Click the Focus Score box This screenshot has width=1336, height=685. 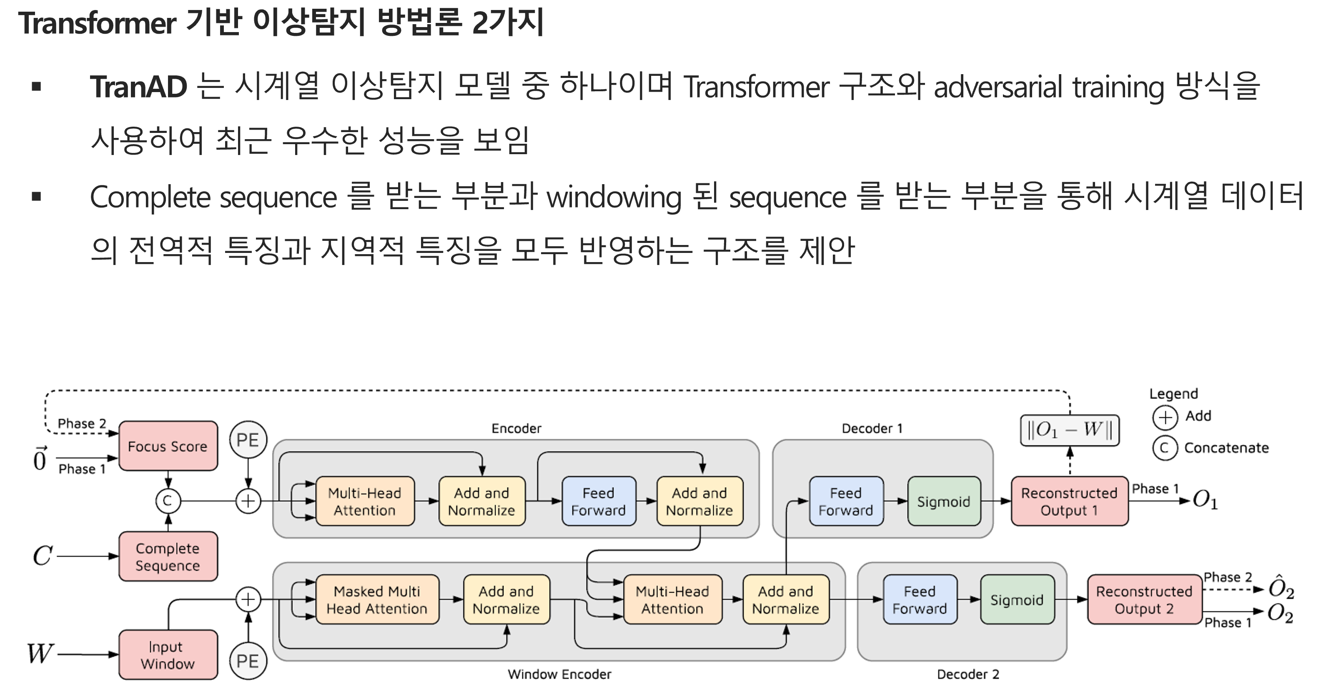pos(168,446)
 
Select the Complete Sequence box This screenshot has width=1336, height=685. pos(168,556)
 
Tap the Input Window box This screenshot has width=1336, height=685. pos(168,655)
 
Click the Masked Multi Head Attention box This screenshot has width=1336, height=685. pos(377,600)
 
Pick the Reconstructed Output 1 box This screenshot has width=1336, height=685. pos(1069,501)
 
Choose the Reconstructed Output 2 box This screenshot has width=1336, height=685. pos(1144,600)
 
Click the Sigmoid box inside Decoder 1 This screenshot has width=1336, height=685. pos(944,501)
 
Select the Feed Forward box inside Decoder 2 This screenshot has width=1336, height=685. pos(920,600)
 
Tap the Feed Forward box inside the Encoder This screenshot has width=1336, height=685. pos(599,501)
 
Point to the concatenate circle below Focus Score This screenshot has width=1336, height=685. pos(168,501)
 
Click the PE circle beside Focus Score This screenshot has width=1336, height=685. pos(248,440)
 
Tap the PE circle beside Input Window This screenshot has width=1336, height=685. pos(248,661)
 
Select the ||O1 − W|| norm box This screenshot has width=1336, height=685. pos(1069,430)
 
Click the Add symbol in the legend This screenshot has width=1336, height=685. pos(1165,417)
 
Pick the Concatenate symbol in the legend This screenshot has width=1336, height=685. pos(1165,447)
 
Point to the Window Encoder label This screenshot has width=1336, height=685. pos(559,674)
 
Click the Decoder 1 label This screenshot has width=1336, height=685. pos(872,428)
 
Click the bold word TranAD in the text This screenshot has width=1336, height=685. pos(138,87)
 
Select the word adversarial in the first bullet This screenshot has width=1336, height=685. pos(998,87)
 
